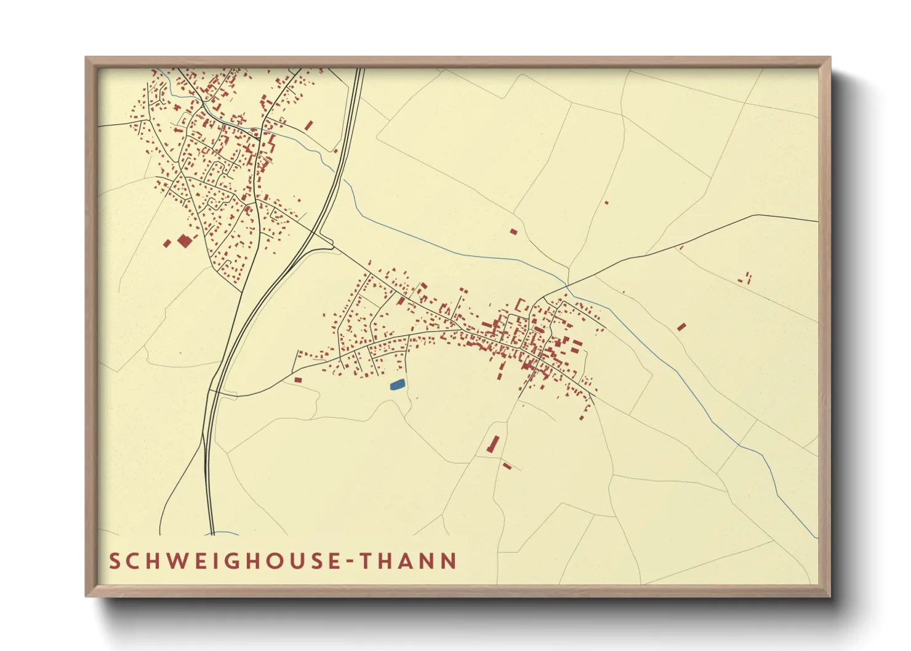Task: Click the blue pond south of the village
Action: tap(398, 385)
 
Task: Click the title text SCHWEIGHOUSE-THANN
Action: tap(283, 561)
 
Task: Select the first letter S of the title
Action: tap(114, 561)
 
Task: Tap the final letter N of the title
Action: tap(449, 561)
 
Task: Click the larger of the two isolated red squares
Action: tap(184, 241)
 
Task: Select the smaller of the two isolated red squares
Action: tap(167, 244)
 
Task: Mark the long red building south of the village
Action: tap(493, 444)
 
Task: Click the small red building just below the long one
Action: tap(507, 466)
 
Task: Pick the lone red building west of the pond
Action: tap(298, 380)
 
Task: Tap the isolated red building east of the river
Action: tap(681, 327)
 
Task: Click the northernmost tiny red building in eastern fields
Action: tap(606, 202)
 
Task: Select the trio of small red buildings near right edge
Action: tap(747, 278)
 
